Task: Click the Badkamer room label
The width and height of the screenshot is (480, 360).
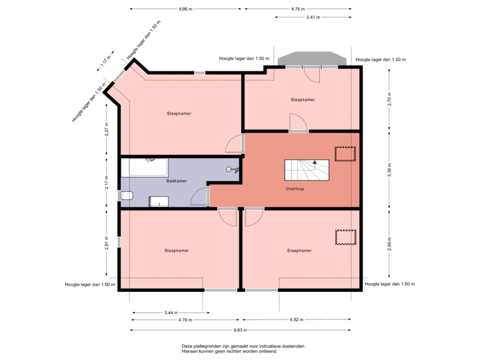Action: (175, 181)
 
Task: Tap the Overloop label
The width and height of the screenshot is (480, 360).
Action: (295, 189)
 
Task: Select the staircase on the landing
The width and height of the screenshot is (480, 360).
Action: (307, 171)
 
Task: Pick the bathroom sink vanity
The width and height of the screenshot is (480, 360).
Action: (159, 201)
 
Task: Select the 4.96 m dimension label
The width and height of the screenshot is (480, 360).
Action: (185, 9)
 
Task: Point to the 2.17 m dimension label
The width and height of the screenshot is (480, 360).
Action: (106, 183)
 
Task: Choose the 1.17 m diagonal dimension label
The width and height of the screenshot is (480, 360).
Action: (105, 63)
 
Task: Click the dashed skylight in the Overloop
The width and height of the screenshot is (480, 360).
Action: (345, 153)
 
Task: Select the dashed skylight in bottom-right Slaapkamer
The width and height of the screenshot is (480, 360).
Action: (345, 237)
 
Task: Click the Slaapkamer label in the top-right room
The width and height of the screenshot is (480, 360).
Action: (303, 99)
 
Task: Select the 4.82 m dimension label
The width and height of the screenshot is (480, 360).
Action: (295, 319)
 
